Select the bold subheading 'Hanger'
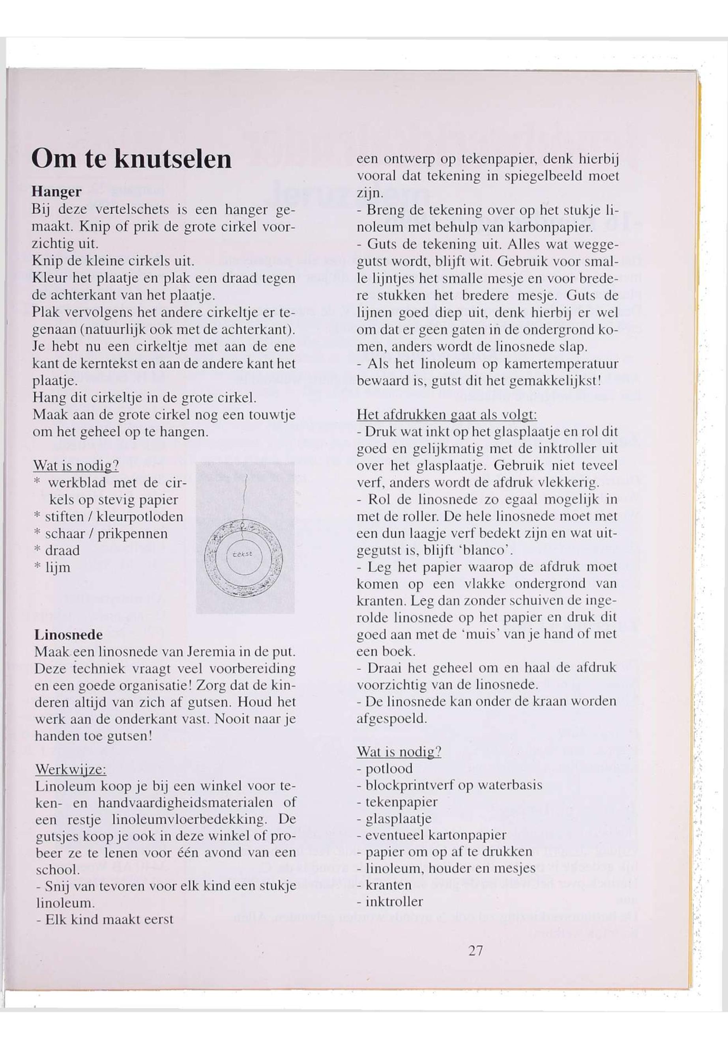tap(56, 192)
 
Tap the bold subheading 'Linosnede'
tap(68, 635)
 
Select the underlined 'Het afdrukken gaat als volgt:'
tap(447, 415)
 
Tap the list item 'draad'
tap(62, 551)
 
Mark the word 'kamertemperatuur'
tap(564, 364)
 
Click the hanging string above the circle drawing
tap(245, 497)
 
